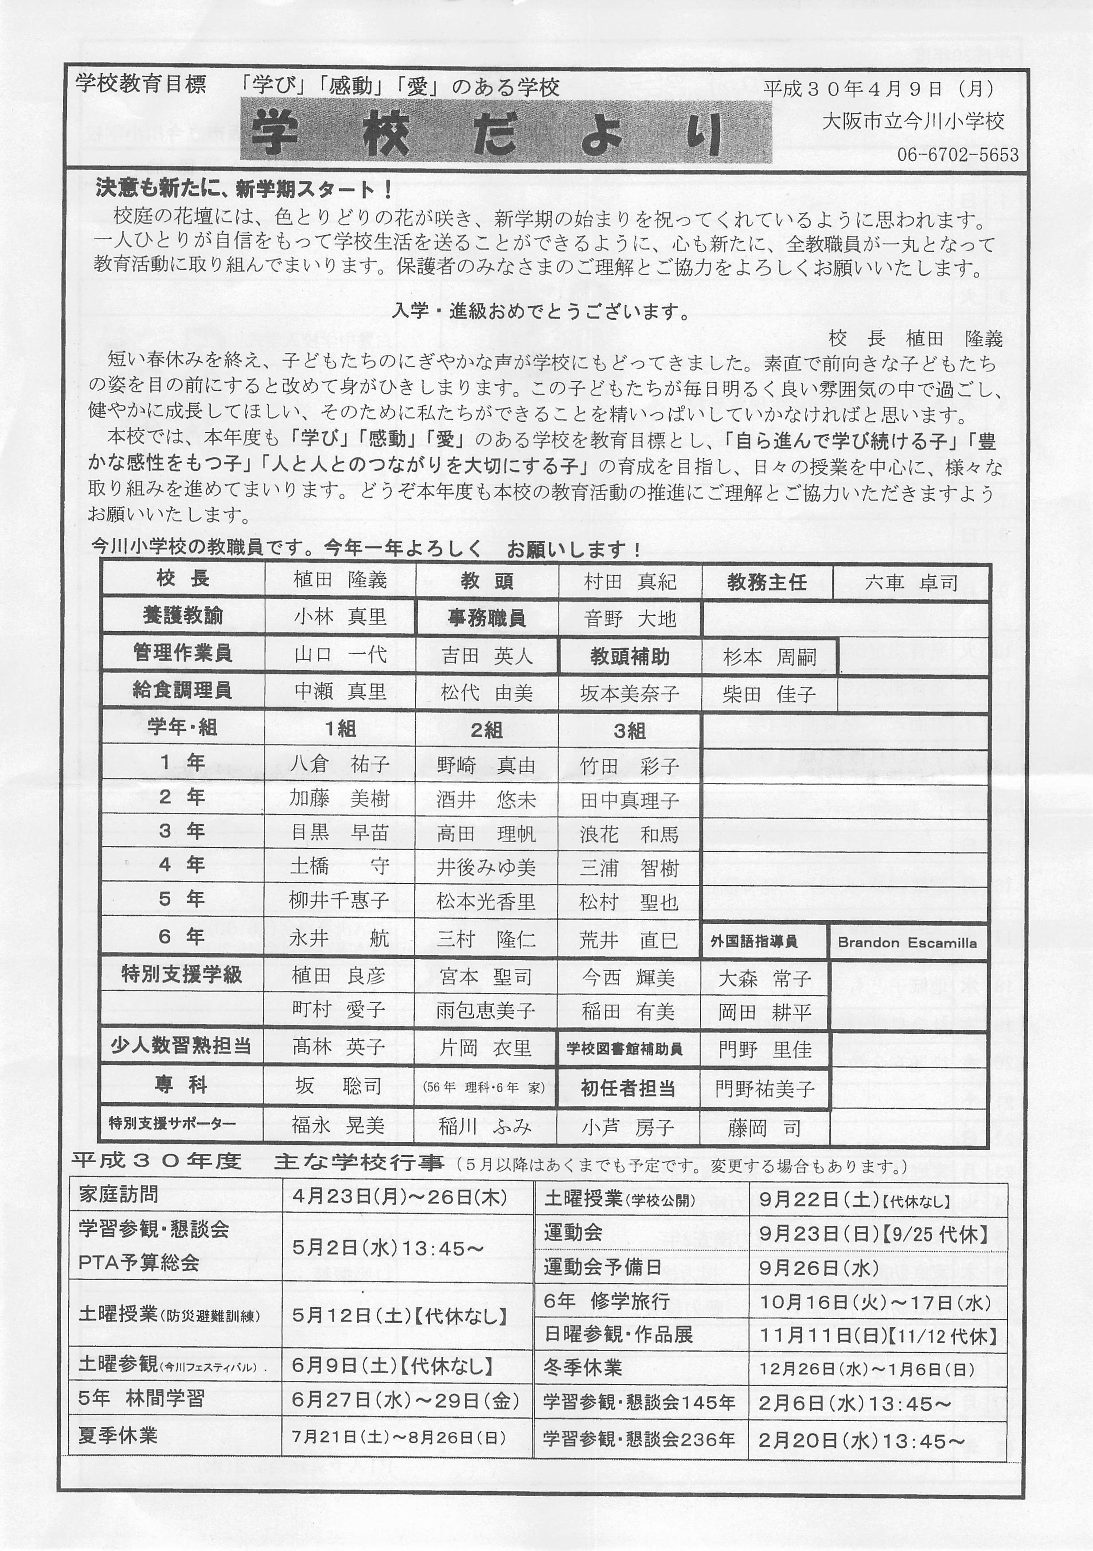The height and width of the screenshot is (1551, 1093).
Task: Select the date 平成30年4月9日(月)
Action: tap(878, 89)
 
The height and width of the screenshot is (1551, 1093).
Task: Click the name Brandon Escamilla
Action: tap(907, 943)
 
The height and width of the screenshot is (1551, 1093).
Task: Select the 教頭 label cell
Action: tap(486, 581)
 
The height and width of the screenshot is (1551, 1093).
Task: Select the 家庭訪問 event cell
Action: tap(118, 1194)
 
